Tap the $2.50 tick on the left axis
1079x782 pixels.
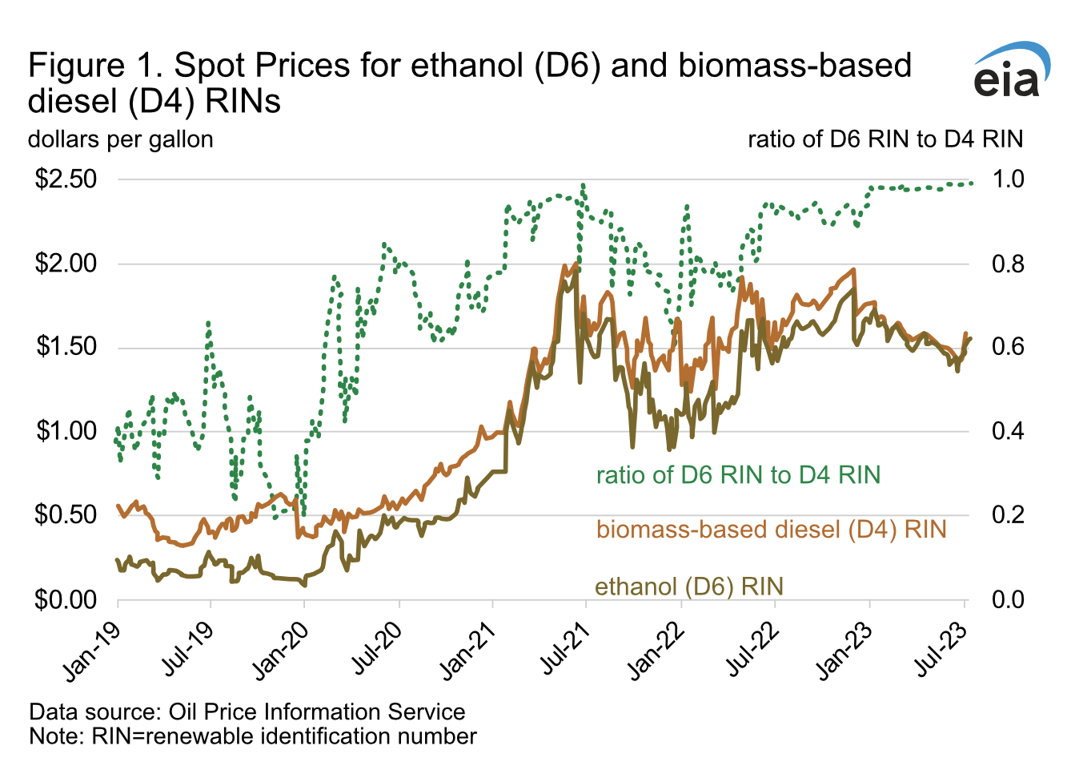pos(66,179)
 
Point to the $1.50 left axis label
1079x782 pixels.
pos(66,347)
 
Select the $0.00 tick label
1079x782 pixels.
pos(66,599)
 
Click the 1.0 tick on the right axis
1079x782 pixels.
pos(1008,179)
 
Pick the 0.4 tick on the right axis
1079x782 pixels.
pos(1008,431)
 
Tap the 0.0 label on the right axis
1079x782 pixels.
pos(1008,599)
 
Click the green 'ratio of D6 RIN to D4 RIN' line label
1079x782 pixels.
pos(738,475)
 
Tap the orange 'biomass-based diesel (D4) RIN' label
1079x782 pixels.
pos(772,530)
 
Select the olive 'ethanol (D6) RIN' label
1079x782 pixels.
pos(688,586)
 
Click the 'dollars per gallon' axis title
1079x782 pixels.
pos(121,139)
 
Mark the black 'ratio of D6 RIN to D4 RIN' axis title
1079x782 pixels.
pos(885,139)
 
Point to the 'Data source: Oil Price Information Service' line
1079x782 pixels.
pos(247,711)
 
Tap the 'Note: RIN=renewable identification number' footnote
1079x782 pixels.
pos(253,736)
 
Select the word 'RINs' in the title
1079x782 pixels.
pos(244,102)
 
